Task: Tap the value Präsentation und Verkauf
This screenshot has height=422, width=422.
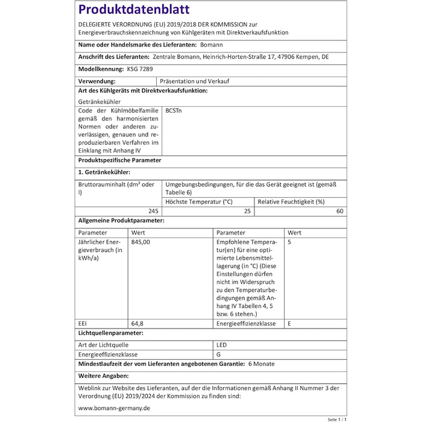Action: pos(194,81)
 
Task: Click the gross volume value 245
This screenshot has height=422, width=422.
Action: pos(153,211)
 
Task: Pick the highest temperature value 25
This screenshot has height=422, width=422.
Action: pos(247,211)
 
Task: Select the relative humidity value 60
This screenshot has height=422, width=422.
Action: pos(340,211)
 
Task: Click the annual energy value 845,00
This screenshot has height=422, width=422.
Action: pos(141,242)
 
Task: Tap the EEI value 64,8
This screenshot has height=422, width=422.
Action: pos(137,324)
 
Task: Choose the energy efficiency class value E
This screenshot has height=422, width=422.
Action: pos(290,324)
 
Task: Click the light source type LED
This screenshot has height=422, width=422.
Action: pos(222,344)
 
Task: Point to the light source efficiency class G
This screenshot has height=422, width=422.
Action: pos(218,354)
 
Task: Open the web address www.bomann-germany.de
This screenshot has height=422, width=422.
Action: pos(114,408)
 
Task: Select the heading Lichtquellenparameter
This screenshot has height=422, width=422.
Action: pos(111,333)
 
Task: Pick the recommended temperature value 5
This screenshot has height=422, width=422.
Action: pos(290,242)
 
